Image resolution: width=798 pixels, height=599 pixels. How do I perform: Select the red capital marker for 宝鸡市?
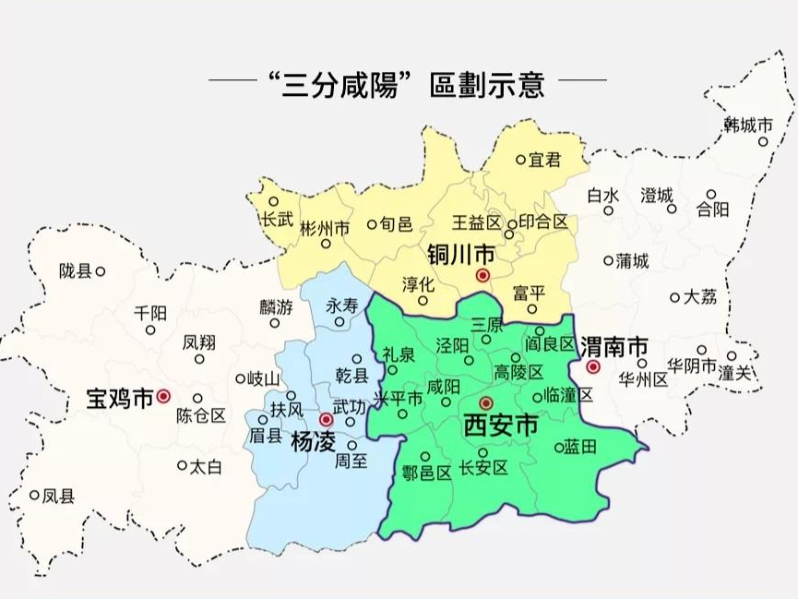point(163,396)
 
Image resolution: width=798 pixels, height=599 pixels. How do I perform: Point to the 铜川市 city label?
point(460,253)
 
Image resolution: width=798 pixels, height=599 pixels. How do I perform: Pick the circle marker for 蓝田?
point(559,447)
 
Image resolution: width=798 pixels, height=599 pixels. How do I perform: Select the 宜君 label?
point(545,160)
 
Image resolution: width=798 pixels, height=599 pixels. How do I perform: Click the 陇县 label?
point(75,271)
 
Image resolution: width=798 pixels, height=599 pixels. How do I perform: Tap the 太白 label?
point(206,466)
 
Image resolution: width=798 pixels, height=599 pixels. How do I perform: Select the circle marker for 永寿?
point(339,322)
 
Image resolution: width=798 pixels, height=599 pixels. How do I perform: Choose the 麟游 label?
point(276,306)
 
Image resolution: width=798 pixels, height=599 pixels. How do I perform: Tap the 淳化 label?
point(419,282)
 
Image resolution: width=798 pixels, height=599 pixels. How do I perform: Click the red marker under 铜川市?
point(482,275)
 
